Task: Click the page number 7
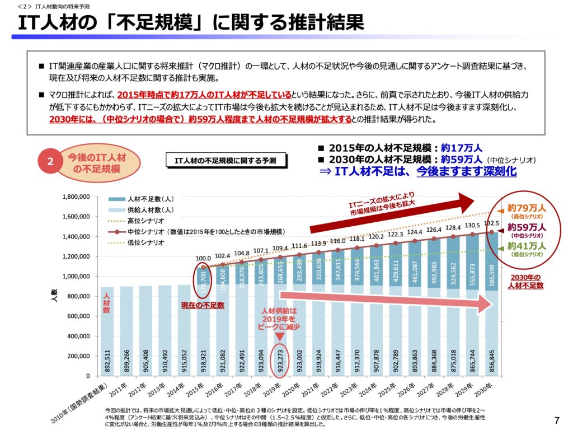coord(556,419)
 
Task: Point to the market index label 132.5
coord(486,223)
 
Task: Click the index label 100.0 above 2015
coord(204,258)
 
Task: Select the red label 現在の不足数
coord(202,305)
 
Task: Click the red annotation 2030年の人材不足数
coord(525,282)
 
